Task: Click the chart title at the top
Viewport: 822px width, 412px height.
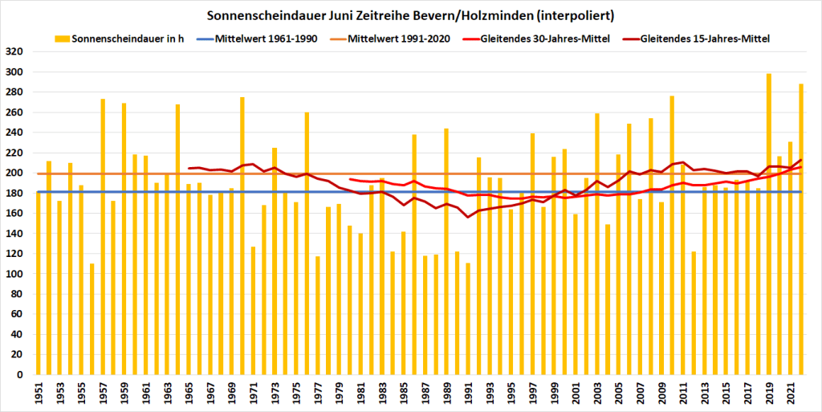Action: point(410,15)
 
